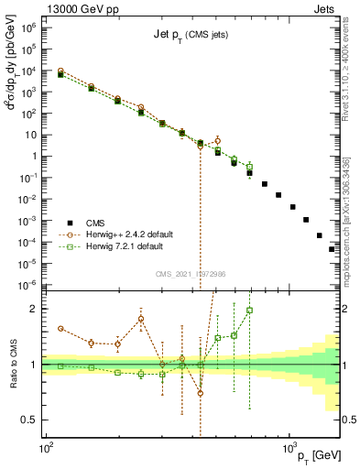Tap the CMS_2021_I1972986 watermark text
coord(191,274)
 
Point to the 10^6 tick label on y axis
coord(29,27)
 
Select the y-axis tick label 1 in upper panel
coord(35,156)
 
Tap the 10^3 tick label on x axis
coord(288,446)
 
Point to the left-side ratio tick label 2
coord(34,309)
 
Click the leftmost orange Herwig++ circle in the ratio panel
coord(60,328)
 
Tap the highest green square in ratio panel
coord(249,310)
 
